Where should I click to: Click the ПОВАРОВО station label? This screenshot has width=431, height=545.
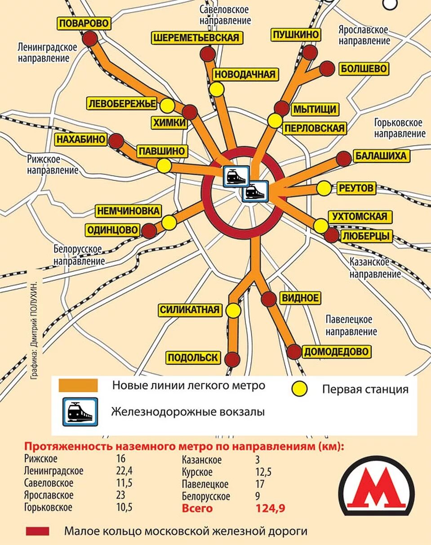(84, 23)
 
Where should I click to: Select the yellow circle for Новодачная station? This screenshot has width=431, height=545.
(217, 89)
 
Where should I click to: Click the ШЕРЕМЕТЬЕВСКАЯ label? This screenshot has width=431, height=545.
(196, 38)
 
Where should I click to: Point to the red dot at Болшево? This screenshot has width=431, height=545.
(327, 69)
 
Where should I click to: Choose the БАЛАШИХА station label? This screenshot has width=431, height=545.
(381, 156)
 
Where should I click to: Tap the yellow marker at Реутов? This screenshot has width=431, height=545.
(324, 188)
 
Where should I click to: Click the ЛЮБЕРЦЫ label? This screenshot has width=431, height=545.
(367, 236)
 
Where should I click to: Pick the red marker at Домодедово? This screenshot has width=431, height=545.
(294, 352)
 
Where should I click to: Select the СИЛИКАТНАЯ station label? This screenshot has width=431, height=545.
(191, 309)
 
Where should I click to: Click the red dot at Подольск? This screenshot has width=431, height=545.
(232, 359)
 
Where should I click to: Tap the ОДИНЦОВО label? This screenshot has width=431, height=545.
(113, 230)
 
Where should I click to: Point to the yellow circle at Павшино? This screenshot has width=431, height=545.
(164, 166)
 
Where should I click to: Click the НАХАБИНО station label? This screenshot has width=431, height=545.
(81, 139)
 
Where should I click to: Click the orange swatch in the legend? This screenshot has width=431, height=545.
(78, 385)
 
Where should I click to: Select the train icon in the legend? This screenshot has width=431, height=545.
(80, 411)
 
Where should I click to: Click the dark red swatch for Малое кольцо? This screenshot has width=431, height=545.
(38, 531)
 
